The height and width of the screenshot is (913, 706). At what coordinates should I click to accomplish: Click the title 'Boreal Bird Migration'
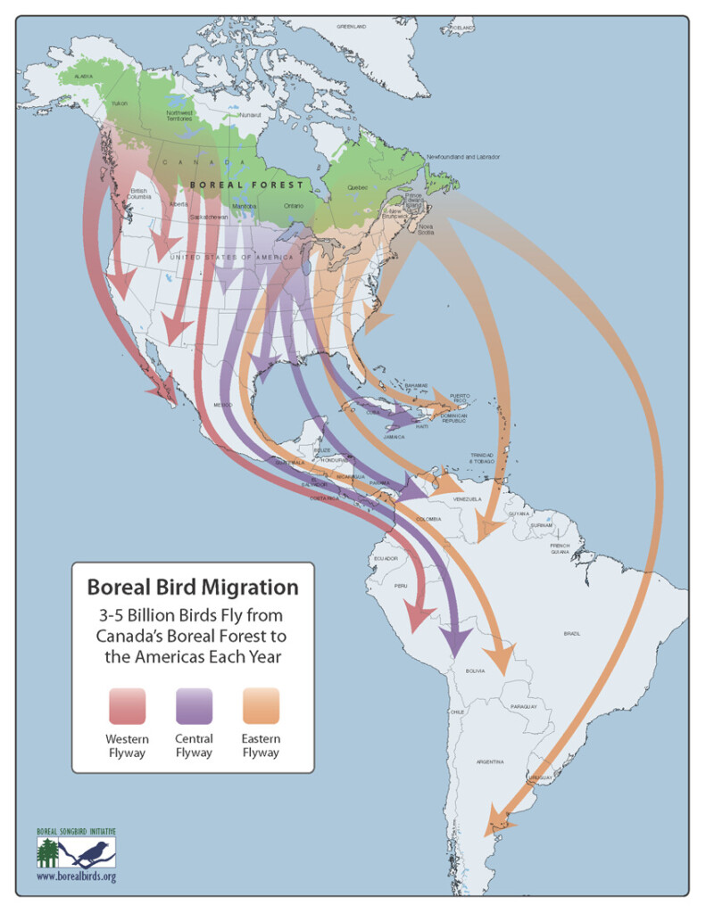(x=192, y=588)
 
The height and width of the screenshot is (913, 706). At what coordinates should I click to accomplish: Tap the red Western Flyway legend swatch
(x=128, y=705)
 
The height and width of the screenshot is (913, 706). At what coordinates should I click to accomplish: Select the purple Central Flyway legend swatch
(x=194, y=705)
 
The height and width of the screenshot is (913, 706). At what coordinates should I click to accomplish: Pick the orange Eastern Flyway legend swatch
(x=261, y=705)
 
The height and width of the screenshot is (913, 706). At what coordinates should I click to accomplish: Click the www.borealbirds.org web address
(x=76, y=876)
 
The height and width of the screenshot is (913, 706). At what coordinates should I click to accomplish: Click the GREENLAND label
(x=351, y=27)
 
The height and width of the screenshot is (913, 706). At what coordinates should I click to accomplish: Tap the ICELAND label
(x=461, y=29)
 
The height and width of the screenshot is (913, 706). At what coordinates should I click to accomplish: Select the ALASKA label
(x=83, y=77)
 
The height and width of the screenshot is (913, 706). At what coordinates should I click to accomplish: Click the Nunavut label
(x=250, y=115)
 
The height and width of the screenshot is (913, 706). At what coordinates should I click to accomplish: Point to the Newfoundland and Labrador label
(x=462, y=157)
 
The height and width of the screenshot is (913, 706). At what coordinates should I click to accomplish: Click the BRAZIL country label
(x=571, y=634)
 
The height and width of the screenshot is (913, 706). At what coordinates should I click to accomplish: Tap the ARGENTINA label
(x=490, y=761)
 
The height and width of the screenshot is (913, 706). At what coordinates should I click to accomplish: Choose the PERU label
(x=401, y=587)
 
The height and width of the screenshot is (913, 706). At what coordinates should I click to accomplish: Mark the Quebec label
(x=357, y=188)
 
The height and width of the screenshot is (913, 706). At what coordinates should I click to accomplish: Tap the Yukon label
(x=119, y=103)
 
